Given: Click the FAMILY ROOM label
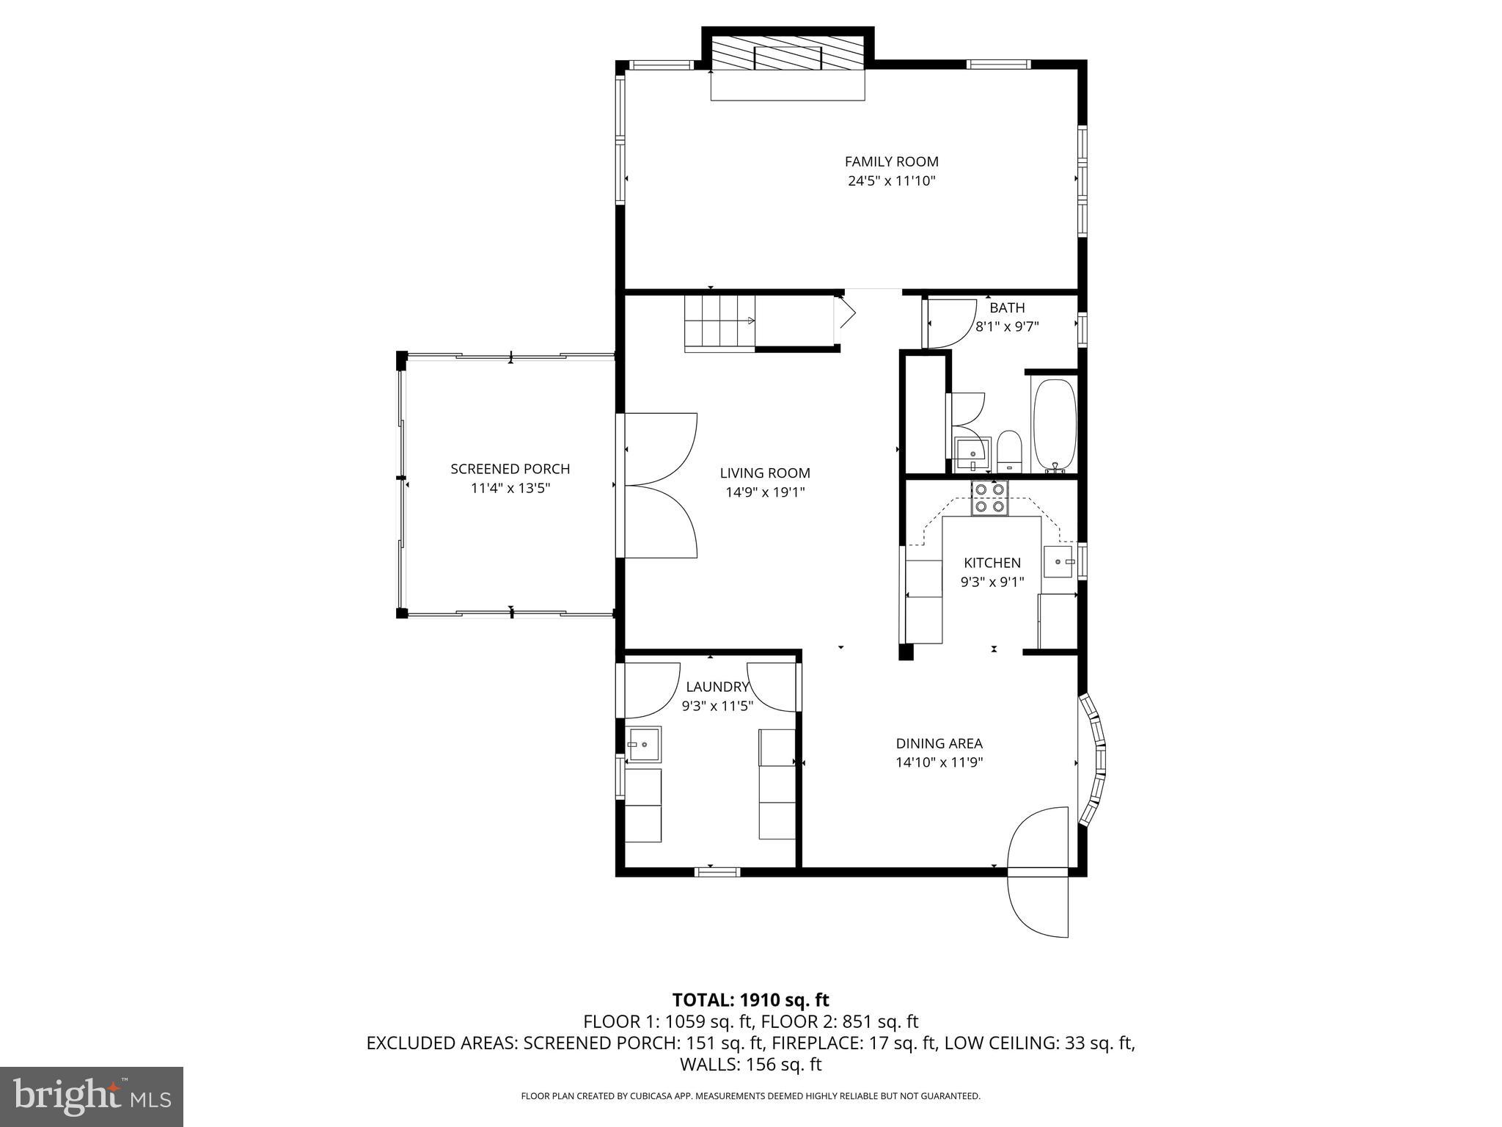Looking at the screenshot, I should tap(891, 161).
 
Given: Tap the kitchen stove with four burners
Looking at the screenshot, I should tap(989, 497).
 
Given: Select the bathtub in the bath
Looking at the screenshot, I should tap(1054, 424).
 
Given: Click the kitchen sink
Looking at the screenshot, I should tap(1058, 561).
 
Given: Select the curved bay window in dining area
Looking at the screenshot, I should tap(1094, 761).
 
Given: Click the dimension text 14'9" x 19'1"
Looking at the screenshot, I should tap(765, 492).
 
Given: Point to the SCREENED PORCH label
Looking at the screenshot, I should tap(510, 469).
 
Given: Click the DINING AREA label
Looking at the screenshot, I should tap(939, 743).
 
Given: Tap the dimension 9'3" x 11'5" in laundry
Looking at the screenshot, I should tap(717, 706).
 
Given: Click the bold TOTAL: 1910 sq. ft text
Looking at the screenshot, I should tap(750, 1000).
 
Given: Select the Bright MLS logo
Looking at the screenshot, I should tap(92, 1096).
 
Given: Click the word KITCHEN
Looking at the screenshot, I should tap(992, 563).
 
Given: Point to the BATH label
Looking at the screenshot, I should tap(1006, 308).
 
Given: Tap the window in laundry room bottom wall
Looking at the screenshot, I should tap(717, 872).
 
